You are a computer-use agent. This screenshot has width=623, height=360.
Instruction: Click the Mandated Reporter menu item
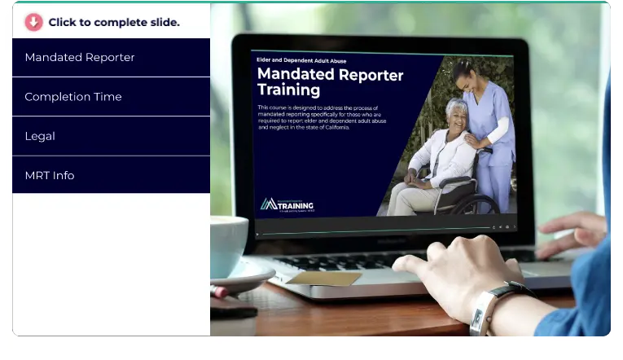click(80, 57)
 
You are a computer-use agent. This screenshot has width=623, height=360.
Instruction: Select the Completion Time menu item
click(73, 97)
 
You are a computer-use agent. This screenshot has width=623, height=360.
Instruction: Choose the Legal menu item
click(40, 136)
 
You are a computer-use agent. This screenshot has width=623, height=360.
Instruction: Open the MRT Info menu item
click(50, 175)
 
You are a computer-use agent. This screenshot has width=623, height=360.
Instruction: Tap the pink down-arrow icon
click(33, 22)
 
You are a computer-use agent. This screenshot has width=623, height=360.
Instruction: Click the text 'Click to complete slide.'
click(114, 22)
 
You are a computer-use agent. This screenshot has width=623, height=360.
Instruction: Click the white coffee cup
click(227, 244)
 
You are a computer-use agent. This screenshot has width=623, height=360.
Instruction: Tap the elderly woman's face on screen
click(456, 112)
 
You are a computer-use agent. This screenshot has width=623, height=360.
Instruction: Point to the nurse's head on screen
click(466, 75)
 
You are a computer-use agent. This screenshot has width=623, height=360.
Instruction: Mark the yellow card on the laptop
click(323, 278)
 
